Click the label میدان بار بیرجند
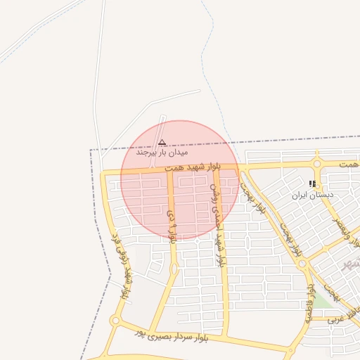pyautogui.click(x=163, y=151)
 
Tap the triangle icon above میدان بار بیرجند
pyautogui.click(x=162, y=142)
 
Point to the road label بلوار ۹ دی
pyautogui.click(x=172, y=224)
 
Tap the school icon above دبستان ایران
pyautogui.click(x=312, y=184)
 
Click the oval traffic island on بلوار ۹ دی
pyautogui.click(x=173, y=269)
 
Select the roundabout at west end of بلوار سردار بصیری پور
pyautogui.click(x=115, y=321)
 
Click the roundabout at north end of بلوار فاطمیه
pyautogui.click(x=302, y=264)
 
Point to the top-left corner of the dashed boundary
pyautogui.click(x=91, y=150)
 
